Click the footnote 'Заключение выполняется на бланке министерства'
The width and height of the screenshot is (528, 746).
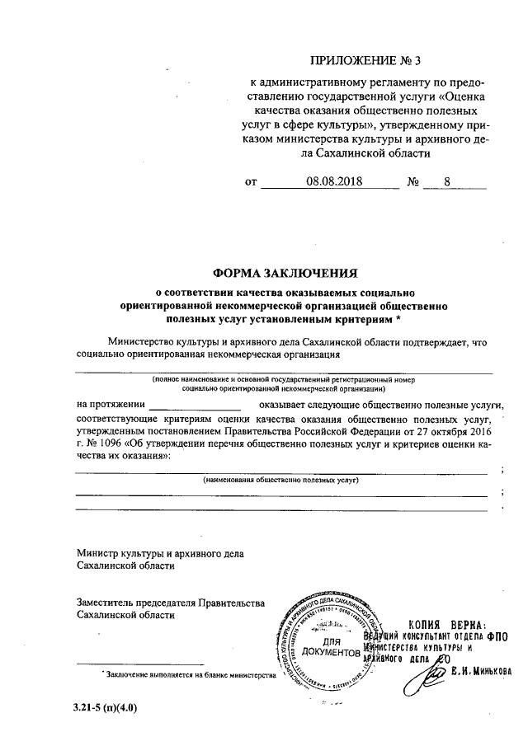click(x=187, y=674)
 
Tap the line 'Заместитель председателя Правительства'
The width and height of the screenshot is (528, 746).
click(x=170, y=603)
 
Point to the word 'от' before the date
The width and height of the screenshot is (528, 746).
click(x=252, y=183)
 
